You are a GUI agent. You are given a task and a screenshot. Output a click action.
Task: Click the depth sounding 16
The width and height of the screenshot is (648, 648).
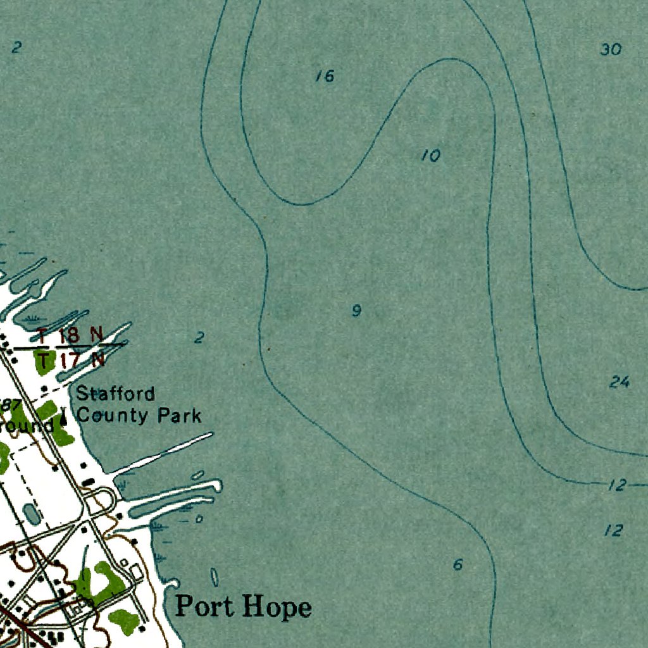click(x=325, y=77)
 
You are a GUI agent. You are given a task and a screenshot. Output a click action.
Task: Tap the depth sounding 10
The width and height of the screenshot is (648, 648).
click(x=431, y=155)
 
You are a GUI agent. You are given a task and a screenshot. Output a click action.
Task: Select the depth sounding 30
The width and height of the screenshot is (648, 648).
click(x=611, y=49)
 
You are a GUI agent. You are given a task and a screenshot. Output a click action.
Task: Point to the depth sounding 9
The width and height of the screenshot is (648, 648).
click(x=357, y=311)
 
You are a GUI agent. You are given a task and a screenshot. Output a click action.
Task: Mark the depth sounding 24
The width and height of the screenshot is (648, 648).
click(x=620, y=382)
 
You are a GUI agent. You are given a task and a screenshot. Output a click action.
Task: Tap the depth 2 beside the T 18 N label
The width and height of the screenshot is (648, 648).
click(x=199, y=338)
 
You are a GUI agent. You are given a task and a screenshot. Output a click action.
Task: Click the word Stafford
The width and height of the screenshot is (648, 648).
click(x=115, y=394)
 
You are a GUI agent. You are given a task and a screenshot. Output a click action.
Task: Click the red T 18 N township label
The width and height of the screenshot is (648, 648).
click(x=68, y=335)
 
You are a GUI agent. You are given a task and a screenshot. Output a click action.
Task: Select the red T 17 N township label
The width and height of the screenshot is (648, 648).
click(x=70, y=361)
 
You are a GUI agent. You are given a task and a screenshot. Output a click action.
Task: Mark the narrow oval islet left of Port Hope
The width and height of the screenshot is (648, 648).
click(x=214, y=577)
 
